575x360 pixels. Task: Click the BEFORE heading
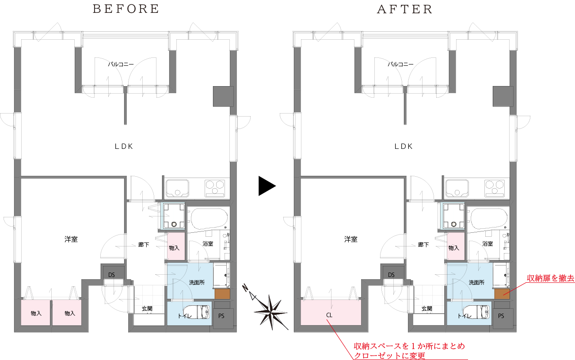tap(126, 9)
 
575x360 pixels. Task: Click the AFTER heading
tap(405, 9)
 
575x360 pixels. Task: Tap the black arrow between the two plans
tap(267, 186)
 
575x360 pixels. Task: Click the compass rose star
tap(271, 312)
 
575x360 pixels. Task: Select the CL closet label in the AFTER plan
tap(329, 315)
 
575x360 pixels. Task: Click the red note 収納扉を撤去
tap(550, 278)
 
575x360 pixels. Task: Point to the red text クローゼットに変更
tap(389, 356)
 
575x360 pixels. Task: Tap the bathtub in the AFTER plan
tap(488, 219)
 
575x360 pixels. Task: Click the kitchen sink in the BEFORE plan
tap(177, 188)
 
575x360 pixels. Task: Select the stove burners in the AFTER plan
tap(495, 188)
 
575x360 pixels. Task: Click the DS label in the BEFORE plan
tap(111, 275)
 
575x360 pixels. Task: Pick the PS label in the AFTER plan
tap(501, 316)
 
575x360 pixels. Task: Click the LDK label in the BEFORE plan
tap(124, 147)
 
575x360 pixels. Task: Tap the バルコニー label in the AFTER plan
tap(400, 64)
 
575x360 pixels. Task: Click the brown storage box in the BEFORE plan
tap(222, 294)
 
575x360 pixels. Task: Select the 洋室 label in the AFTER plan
tap(350, 239)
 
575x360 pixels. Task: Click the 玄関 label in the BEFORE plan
tap(147, 309)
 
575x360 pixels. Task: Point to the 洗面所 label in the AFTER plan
tap(476, 283)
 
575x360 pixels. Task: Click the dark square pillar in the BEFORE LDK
tap(223, 96)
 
